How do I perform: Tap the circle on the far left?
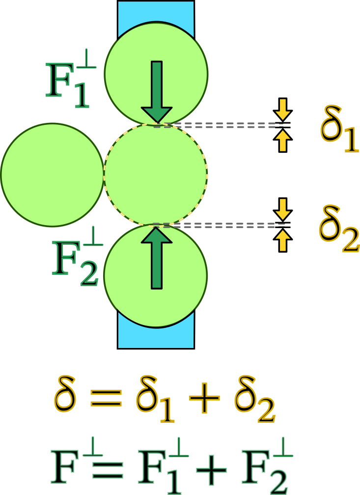point(52,175)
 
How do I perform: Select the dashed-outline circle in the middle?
point(156,175)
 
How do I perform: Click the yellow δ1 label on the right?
point(339,129)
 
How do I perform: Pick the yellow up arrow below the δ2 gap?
point(283,241)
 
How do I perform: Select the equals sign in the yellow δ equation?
point(106,398)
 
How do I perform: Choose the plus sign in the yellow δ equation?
point(204,398)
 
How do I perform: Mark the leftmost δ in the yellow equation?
point(65,394)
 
